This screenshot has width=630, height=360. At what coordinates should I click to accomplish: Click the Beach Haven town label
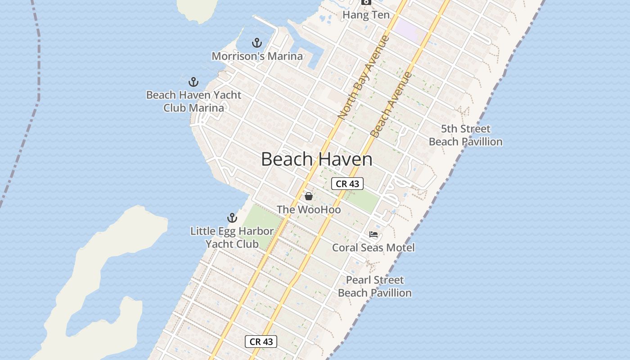pos(316,160)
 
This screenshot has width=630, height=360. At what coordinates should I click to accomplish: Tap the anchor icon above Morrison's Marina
pos(257,43)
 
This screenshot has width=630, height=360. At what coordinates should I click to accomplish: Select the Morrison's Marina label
pos(257,56)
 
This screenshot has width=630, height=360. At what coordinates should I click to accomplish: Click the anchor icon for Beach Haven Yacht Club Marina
pos(193,82)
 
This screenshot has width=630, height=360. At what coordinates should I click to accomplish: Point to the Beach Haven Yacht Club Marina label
pos(193,101)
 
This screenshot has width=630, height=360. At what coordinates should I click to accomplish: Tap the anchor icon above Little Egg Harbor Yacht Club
pos(232,218)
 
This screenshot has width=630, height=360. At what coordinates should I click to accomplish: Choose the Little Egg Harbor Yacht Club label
pos(232,238)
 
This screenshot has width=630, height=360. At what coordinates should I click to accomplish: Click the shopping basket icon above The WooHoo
pos(309,196)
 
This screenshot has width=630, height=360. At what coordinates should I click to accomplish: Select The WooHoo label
pos(309,210)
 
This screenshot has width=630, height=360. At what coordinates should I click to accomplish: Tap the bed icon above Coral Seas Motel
pos(373,234)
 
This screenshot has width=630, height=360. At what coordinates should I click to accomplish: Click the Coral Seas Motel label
pos(373,247)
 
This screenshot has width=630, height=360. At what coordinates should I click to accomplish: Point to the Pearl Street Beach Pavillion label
pos(375,286)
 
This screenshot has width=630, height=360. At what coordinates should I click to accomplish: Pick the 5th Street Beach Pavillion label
pos(465,135)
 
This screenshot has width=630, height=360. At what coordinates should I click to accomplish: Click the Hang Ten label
pos(366,15)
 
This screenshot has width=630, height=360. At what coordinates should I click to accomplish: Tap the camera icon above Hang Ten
pos(366,2)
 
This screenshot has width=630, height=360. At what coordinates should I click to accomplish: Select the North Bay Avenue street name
pos(363,77)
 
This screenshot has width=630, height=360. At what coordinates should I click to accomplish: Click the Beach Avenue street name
pos(391,104)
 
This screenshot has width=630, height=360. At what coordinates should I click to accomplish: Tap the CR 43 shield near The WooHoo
pos(347,184)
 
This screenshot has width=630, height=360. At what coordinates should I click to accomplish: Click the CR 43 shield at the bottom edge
pos(261,342)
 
